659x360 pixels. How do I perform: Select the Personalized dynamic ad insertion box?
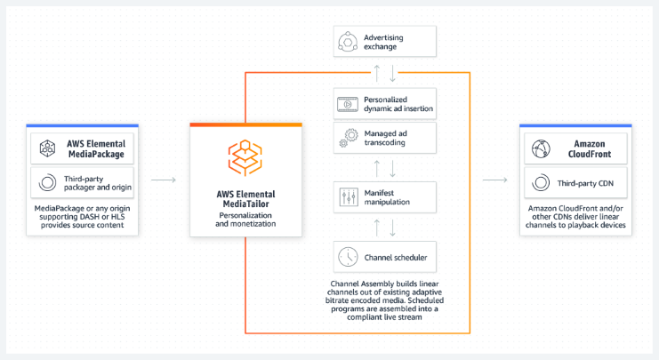(384, 103)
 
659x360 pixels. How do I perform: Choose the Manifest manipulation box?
(384, 195)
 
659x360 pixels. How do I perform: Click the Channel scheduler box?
(384, 257)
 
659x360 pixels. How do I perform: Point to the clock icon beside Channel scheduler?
(347, 257)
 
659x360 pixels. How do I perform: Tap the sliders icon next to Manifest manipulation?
(347, 195)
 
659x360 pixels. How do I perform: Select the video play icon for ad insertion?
(347, 103)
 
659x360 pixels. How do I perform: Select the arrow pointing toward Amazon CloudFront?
(494, 180)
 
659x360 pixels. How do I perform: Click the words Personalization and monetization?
(245, 219)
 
